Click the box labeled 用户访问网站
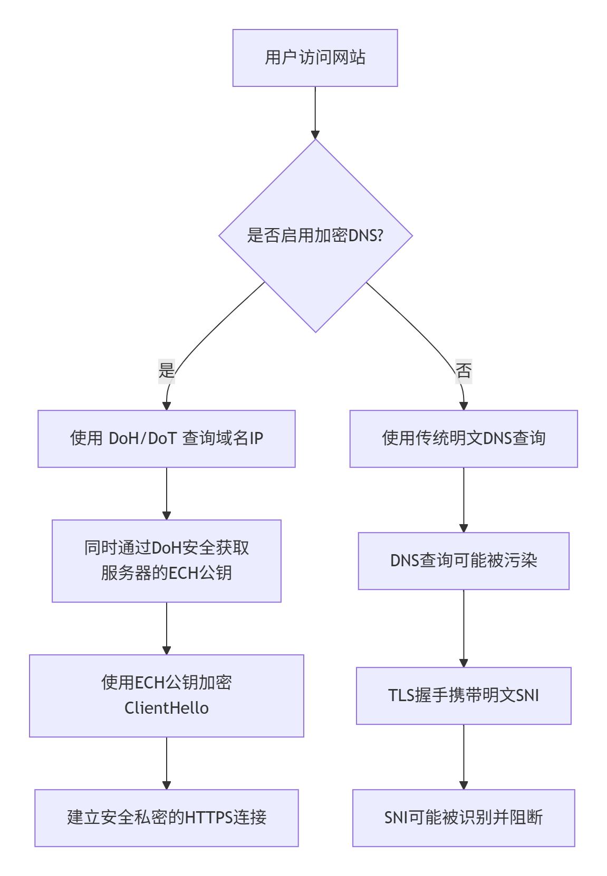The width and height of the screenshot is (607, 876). click(315, 58)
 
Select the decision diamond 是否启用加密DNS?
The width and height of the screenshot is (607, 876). click(315, 235)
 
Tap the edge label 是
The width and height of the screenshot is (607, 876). click(167, 370)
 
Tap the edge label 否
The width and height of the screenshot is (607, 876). click(464, 370)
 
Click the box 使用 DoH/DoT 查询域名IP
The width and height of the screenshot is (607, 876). click(167, 439)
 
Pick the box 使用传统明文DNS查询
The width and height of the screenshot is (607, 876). click(464, 439)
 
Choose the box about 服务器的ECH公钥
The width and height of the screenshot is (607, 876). click(167, 561)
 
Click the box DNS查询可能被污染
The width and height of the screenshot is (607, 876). click(464, 561)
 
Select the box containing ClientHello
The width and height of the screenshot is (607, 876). click(167, 695)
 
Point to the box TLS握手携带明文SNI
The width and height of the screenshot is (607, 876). click(464, 695)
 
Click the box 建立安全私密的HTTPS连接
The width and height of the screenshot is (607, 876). click(167, 818)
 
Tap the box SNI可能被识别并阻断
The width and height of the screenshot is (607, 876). click(464, 818)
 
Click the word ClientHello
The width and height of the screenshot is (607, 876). click(167, 708)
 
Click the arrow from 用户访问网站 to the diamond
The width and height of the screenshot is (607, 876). click(315, 113)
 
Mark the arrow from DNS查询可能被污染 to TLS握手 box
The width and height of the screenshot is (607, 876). click(464, 628)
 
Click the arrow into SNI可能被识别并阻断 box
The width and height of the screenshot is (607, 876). click(464, 756)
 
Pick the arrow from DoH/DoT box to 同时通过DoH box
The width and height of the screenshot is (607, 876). click(167, 493)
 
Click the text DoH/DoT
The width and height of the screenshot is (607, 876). click(142, 439)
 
